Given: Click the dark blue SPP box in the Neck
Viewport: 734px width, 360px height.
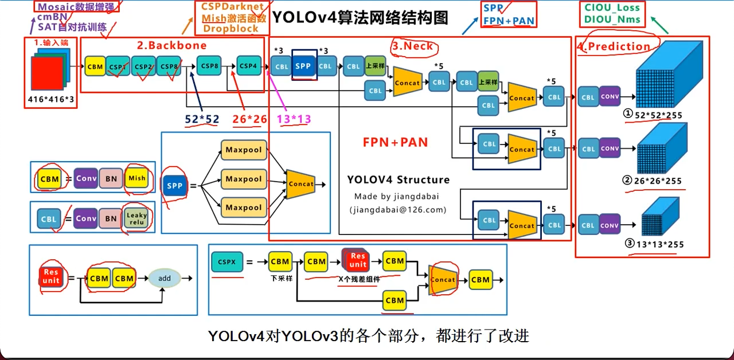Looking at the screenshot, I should (x=303, y=66).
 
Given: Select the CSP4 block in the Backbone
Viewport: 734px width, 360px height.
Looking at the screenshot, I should (x=248, y=66).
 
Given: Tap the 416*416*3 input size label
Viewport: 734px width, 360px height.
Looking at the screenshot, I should (x=51, y=99).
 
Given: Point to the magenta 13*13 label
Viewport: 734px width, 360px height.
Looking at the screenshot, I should (x=294, y=119).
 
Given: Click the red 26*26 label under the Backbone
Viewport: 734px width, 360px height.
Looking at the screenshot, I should (x=250, y=119).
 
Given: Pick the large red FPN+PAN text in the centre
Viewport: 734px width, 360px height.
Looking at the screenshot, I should (x=395, y=142).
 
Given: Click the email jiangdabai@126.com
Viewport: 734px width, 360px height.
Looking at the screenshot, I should (x=397, y=210).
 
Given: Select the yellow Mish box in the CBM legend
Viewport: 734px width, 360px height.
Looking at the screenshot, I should (x=136, y=178).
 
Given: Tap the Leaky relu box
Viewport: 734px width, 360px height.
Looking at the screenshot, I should (x=136, y=218).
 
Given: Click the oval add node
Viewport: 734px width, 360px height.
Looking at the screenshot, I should (x=165, y=279).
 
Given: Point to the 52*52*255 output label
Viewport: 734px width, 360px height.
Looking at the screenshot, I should (x=658, y=115).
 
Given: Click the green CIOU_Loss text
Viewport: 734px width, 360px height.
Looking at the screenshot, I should (x=612, y=8).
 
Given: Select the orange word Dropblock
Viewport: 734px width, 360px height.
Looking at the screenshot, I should (x=231, y=29).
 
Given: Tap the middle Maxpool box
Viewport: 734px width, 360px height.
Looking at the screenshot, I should (x=244, y=179).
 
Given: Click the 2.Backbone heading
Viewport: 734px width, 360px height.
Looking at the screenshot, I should (x=171, y=45).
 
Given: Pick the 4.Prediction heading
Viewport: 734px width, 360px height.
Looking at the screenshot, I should (x=614, y=46).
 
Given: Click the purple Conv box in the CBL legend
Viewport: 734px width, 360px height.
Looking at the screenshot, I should (x=86, y=218).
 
